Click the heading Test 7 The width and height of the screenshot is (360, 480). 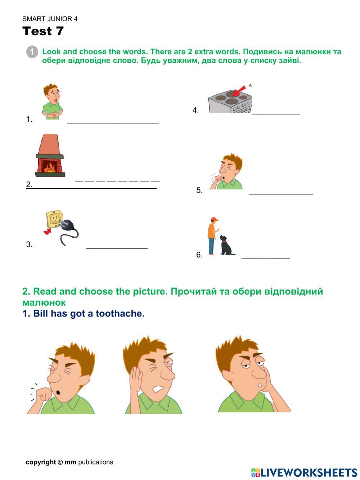(x=43, y=31)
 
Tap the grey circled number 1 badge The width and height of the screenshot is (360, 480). (x=32, y=52)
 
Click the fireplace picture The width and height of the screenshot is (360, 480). (x=50, y=156)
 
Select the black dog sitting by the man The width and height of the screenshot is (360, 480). (x=226, y=246)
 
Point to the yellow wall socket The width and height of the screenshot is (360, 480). (x=54, y=219)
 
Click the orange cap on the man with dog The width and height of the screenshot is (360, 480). (x=215, y=219)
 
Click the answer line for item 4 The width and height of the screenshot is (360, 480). (x=276, y=113)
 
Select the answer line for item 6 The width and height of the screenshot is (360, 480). (x=265, y=258)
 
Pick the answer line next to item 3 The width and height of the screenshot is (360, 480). (x=117, y=248)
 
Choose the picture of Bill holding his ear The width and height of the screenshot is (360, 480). (x=153, y=375)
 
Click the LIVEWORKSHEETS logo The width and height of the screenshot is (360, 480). (x=304, y=472)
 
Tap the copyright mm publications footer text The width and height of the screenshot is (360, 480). (x=69, y=462)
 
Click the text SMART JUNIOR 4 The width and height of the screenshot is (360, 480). (x=50, y=19)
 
